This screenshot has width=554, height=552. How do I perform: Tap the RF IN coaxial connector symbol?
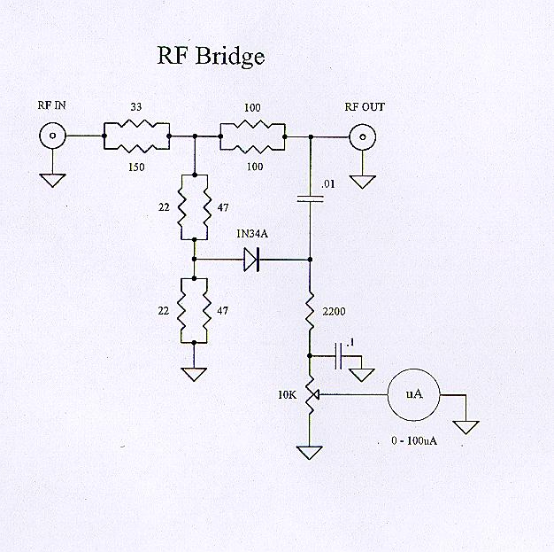53,137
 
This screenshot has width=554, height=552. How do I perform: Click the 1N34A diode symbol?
250,260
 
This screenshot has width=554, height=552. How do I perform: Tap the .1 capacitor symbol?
339,356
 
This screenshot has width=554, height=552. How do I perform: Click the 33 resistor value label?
135,107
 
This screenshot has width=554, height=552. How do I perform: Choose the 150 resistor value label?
136,165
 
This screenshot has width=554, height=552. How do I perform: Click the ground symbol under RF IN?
53,180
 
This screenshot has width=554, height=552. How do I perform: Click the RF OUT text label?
364,107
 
